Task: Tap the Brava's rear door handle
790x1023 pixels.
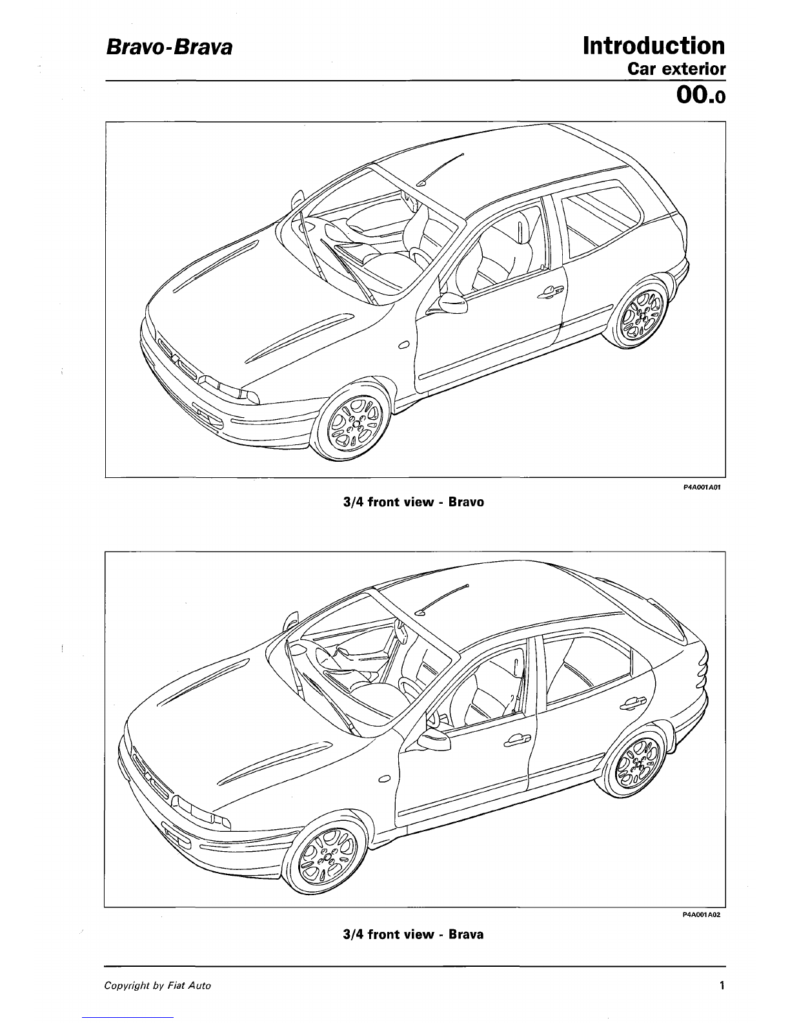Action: pyautogui.click(x=633, y=703)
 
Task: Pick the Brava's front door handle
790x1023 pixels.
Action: pyautogui.click(x=517, y=741)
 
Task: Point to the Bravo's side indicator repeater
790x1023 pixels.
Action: pyautogui.click(x=403, y=345)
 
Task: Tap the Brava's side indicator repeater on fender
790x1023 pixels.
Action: pyautogui.click(x=385, y=779)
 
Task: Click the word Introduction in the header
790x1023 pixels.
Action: pyautogui.click(x=654, y=46)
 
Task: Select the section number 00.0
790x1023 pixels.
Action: pyautogui.click(x=701, y=95)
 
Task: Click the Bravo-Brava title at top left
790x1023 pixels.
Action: pyautogui.click(x=169, y=48)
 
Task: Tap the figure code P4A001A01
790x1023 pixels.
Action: pyautogui.click(x=702, y=487)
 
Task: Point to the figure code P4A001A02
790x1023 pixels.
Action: pyautogui.click(x=702, y=914)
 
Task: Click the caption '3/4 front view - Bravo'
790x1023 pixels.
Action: pyautogui.click(x=414, y=502)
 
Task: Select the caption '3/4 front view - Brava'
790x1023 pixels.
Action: pyautogui.click(x=413, y=934)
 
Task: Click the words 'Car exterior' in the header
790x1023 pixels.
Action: pyautogui.click(x=676, y=69)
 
